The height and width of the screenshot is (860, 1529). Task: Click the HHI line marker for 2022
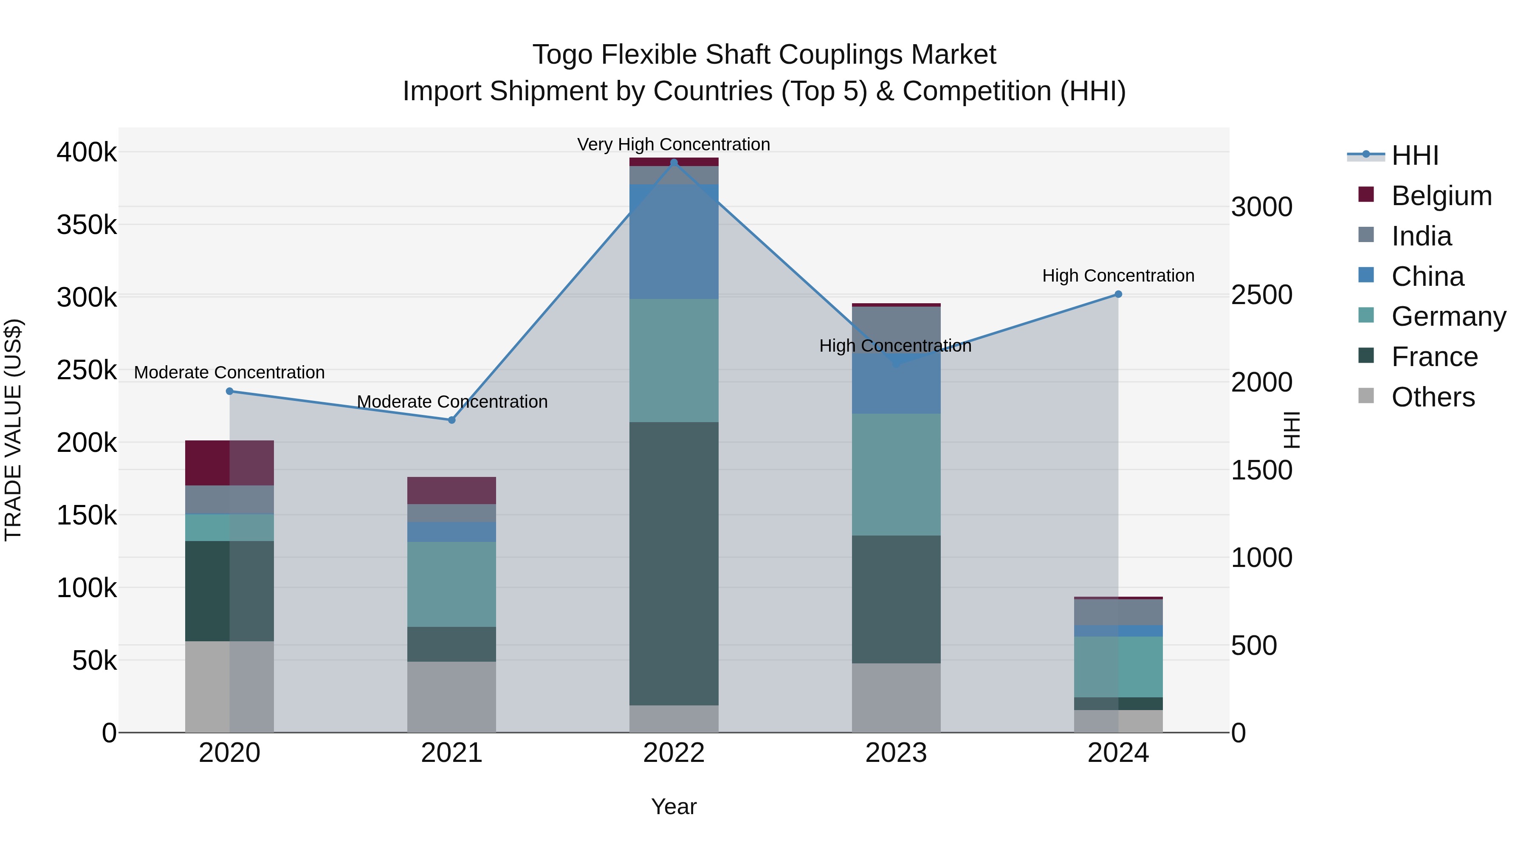(x=674, y=163)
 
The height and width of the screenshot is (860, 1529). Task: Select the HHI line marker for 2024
(x=1118, y=294)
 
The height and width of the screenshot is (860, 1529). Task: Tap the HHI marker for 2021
(x=452, y=420)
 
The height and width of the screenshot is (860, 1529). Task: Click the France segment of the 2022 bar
(x=674, y=564)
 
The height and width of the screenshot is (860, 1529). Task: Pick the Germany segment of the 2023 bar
(x=896, y=475)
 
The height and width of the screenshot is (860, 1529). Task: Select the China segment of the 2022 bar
(x=674, y=242)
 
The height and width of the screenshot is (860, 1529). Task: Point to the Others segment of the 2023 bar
(x=896, y=698)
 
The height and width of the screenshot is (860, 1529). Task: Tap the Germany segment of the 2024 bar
(x=1118, y=667)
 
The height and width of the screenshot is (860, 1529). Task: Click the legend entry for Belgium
(x=1441, y=196)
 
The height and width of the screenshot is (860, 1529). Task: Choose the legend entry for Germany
(x=1448, y=316)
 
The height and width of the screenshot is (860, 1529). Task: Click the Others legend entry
(x=1433, y=397)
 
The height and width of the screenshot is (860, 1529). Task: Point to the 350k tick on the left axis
(x=87, y=226)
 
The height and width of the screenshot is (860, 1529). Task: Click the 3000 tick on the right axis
(x=1261, y=207)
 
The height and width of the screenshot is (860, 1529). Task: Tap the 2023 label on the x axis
(x=896, y=753)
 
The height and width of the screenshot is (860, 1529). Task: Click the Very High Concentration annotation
(x=674, y=144)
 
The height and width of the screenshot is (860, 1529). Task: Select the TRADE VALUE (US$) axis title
(x=14, y=430)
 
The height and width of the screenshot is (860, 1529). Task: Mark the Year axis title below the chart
(x=674, y=806)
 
